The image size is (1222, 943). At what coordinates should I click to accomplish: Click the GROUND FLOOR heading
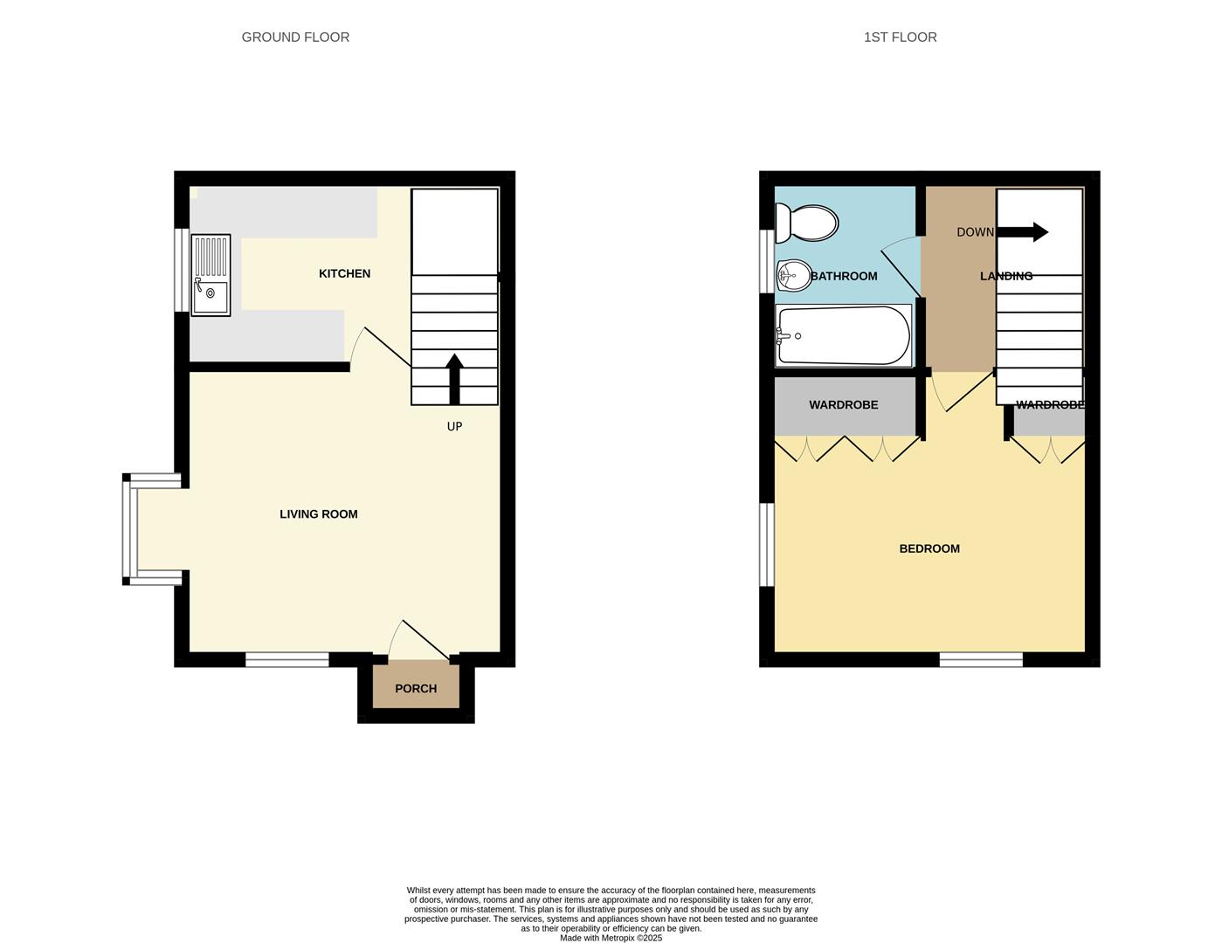point(295,38)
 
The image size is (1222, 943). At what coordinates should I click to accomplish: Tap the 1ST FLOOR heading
point(900,38)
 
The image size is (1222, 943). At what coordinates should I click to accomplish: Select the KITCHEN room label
point(344,274)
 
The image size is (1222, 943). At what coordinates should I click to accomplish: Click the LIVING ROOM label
point(318,514)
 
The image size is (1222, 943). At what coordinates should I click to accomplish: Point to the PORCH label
point(416,689)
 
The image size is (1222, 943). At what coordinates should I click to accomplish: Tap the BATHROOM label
point(844,277)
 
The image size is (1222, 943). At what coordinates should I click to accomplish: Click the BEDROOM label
point(929,549)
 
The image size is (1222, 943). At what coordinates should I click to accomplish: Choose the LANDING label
point(1006,277)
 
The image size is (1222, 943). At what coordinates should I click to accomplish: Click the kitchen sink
point(211,275)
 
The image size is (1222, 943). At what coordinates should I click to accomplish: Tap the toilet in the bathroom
point(807,223)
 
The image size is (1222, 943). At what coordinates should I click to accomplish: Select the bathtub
point(843,335)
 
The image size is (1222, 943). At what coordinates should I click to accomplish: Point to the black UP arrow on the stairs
point(454,378)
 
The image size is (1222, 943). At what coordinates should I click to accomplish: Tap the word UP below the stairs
point(454,427)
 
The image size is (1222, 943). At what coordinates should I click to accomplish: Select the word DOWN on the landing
point(975,232)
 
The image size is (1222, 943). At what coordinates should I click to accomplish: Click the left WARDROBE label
point(843,405)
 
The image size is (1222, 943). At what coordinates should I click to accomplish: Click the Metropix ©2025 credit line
point(611,939)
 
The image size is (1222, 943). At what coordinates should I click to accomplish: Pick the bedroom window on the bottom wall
point(981,659)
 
